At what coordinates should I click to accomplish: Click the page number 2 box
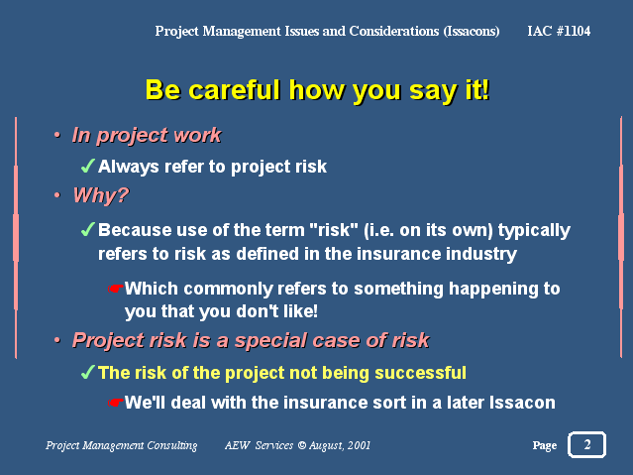(586, 444)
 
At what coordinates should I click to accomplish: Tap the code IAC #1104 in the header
(559, 31)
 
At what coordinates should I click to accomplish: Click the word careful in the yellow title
(234, 89)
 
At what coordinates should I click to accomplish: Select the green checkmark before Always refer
(87, 166)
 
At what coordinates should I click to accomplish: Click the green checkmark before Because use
(87, 229)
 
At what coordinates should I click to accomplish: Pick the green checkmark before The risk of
(87, 372)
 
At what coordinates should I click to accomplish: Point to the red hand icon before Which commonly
(115, 289)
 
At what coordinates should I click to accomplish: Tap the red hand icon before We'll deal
(115, 403)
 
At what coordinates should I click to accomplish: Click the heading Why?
(100, 195)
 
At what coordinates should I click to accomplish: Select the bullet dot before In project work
(56, 135)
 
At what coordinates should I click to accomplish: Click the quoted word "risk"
(334, 230)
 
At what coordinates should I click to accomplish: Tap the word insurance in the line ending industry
(399, 254)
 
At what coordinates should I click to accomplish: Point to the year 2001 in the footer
(359, 445)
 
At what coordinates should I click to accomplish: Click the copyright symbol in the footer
(301, 445)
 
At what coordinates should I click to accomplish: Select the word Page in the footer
(545, 445)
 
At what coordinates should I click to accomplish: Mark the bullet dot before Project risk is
(56, 340)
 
